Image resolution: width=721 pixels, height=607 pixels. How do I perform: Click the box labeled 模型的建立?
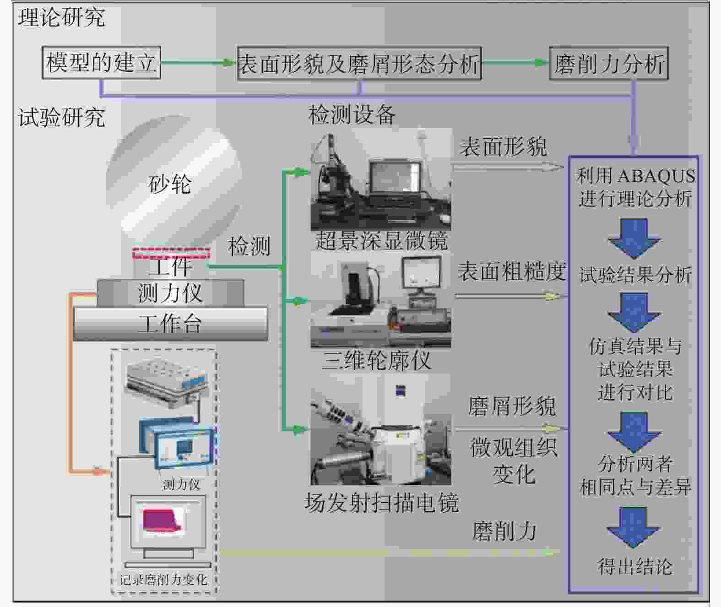click(x=101, y=63)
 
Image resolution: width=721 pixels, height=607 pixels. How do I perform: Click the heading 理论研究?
click(x=61, y=17)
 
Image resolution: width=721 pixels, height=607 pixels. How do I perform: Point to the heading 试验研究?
click(x=61, y=117)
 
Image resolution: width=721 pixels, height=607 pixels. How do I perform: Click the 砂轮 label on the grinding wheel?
click(x=170, y=184)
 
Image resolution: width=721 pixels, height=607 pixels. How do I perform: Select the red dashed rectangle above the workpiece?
click(x=171, y=253)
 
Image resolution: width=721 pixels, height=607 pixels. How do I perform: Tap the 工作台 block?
click(x=171, y=324)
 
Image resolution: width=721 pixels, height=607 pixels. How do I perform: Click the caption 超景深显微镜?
click(x=382, y=241)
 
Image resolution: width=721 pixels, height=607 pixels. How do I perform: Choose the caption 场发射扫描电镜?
click(x=381, y=502)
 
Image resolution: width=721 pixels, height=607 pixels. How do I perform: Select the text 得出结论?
click(x=635, y=567)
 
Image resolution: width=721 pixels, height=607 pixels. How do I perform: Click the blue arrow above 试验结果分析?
click(x=634, y=238)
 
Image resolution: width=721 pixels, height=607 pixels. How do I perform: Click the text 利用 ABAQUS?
click(x=636, y=176)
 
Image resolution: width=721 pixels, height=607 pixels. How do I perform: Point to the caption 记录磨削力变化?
click(x=163, y=580)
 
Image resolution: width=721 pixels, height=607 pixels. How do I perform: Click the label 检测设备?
click(x=352, y=114)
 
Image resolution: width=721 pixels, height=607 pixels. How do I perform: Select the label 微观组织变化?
click(x=514, y=461)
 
